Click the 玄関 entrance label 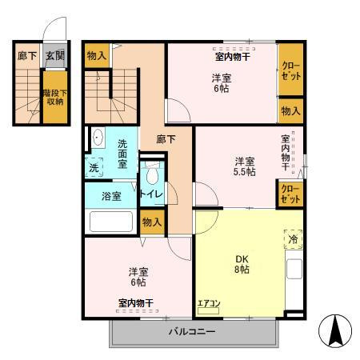pyautogui.click(x=54, y=56)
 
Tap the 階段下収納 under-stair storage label pyautogui.click(x=54, y=97)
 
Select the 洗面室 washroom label pyautogui.click(x=122, y=152)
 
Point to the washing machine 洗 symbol pyautogui.click(x=95, y=169)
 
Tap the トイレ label pyautogui.click(x=151, y=194)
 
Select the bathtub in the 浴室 pyautogui.click(x=110, y=221)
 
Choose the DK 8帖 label pyautogui.click(x=241, y=264)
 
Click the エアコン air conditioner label pyautogui.click(x=209, y=302)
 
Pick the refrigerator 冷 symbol pyautogui.click(x=292, y=238)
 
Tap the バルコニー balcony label pyautogui.click(x=191, y=331)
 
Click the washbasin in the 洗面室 pyautogui.click(x=98, y=138)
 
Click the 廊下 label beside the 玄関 pyautogui.click(x=27, y=56)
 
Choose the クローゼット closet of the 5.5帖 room pyautogui.click(x=290, y=194)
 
